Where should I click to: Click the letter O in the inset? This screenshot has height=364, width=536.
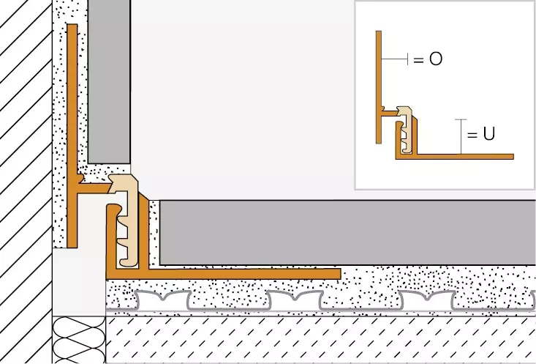tap(436, 59)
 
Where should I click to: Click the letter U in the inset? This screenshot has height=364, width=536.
tap(490, 135)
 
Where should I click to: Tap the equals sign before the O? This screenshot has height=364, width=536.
tap(419, 60)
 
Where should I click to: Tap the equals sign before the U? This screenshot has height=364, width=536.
tap(472, 135)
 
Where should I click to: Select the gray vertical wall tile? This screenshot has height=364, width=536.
tap(109, 81)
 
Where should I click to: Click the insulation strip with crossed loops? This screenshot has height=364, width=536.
tap(79, 339)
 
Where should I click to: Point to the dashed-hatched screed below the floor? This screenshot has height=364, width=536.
tap(322, 341)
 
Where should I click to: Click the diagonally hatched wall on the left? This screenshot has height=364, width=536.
tap(26, 183)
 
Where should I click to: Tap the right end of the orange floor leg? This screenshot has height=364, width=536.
tap(338, 273)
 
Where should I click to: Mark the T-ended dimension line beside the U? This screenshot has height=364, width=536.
tap(460, 135)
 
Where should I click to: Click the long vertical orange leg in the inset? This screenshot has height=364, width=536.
tap(379, 73)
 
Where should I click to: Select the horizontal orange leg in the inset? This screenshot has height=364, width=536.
tap(468, 156)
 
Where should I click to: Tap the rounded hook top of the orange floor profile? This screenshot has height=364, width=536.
tap(110, 209)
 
